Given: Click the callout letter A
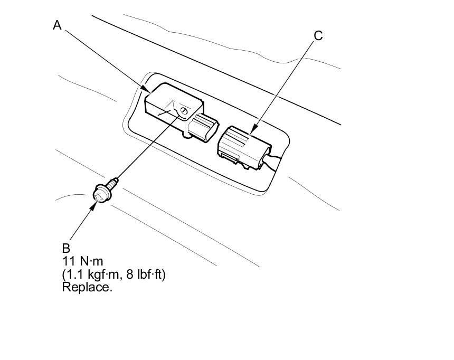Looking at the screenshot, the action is point(58,25).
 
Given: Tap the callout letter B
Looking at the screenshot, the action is point(66,248).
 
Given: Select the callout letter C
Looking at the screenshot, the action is point(318,36).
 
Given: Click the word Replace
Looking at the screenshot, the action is point(87,288).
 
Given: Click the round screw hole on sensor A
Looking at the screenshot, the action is point(184,110).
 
